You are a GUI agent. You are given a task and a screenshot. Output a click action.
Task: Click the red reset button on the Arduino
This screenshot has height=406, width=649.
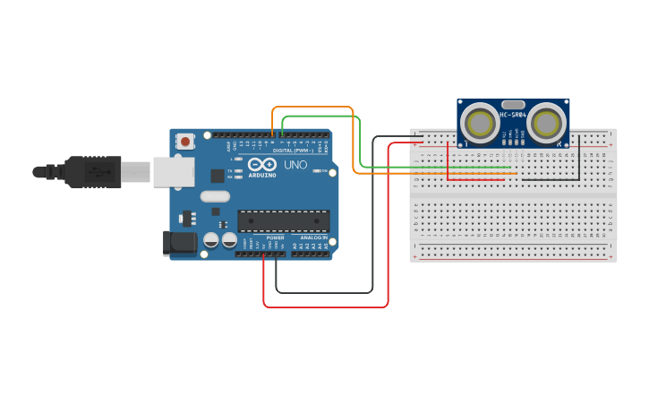tap(185, 142)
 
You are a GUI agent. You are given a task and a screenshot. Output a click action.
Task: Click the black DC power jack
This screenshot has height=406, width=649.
tap(180, 243)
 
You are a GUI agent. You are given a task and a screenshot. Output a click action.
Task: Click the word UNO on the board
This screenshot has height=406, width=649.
tap(295, 166)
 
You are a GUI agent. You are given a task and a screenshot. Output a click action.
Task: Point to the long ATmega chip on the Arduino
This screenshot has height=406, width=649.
tap(283, 220)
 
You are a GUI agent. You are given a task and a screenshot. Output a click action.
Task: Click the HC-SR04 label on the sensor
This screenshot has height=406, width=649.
tap(513, 115)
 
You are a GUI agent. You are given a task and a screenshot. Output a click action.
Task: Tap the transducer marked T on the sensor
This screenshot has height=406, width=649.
tap(481, 124)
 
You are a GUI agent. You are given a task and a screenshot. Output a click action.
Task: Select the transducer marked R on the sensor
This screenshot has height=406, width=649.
tap(546, 124)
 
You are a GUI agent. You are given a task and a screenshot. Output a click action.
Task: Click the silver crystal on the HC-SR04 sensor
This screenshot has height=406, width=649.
tap(513, 104)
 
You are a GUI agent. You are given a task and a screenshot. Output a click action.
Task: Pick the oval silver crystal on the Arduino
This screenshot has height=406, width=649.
tap(215, 196)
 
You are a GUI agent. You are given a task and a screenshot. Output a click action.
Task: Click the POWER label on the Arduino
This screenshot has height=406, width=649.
tap(275, 238)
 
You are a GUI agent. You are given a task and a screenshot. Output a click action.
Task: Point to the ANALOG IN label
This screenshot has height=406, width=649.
tap(312, 238)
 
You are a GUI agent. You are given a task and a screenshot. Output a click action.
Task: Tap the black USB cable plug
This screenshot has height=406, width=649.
tap(90, 171)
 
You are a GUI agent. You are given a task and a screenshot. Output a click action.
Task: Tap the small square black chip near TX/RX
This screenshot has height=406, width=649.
tap(218, 177)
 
